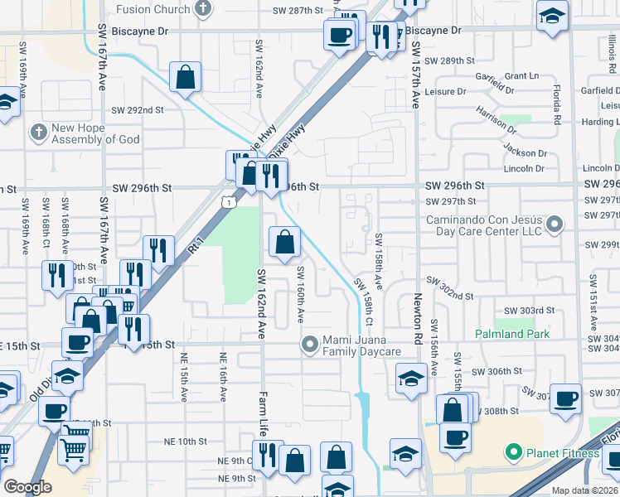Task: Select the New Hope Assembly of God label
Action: coord(94,133)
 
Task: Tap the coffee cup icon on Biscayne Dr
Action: coord(339,35)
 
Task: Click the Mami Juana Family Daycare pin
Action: coord(310,343)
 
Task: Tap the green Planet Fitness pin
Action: coord(513,453)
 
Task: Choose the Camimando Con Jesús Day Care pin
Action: coord(555,224)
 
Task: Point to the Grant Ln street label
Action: coord(521,75)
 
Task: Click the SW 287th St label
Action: coord(297,11)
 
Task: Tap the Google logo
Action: coord(27,487)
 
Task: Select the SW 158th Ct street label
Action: coord(366,302)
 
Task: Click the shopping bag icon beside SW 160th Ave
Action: coord(284,243)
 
